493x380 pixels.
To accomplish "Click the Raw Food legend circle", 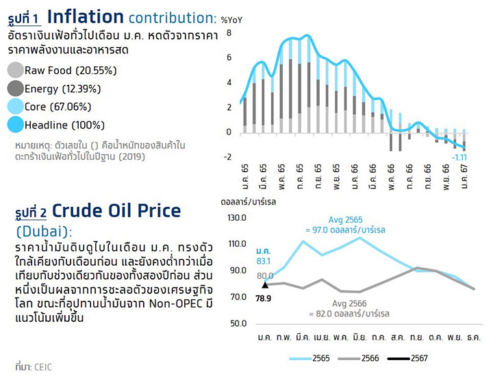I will [x=15, y=70].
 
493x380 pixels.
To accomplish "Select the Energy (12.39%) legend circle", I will [x=15, y=88].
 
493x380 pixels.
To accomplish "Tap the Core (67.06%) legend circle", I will [x=15, y=107].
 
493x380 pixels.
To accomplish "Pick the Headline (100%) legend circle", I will [x=15, y=125].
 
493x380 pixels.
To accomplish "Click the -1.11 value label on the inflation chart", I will [x=459, y=158].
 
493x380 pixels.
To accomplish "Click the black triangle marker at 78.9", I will [x=264, y=284].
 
